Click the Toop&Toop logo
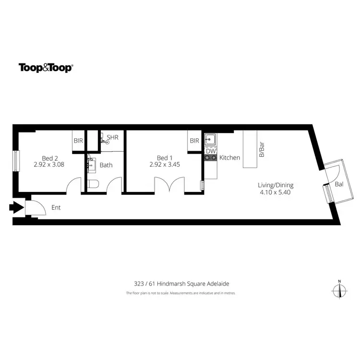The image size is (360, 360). click(x=46, y=68)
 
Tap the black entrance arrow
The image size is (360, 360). click(x=16, y=208)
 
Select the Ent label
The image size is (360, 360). click(x=56, y=208)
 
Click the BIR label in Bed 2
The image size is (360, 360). click(x=78, y=141)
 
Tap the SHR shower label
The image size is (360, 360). click(x=112, y=138)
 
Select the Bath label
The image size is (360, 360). click(x=106, y=165)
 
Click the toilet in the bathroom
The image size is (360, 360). click(x=94, y=184)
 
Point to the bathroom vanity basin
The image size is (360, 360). click(x=92, y=164)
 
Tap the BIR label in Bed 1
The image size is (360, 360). click(x=194, y=141)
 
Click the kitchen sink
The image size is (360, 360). click(x=211, y=140)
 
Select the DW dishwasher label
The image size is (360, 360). click(x=211, y=151)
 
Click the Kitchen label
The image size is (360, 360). click(x=229, y=157)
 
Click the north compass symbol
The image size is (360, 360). click(x=339, y=290)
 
